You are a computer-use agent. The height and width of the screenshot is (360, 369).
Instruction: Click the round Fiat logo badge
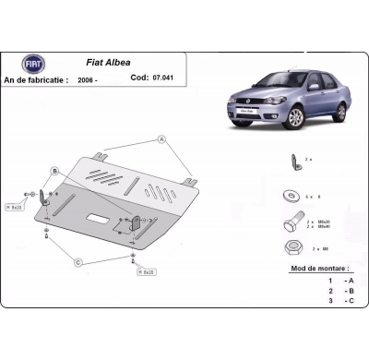pos(32,63)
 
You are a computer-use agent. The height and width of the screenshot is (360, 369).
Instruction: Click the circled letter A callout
pos(162,139)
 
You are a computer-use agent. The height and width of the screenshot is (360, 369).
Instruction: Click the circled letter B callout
pos(54,172)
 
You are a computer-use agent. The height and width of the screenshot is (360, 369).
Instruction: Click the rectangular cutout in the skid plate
pos(97,218)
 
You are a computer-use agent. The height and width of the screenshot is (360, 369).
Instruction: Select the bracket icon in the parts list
pos(294,162)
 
